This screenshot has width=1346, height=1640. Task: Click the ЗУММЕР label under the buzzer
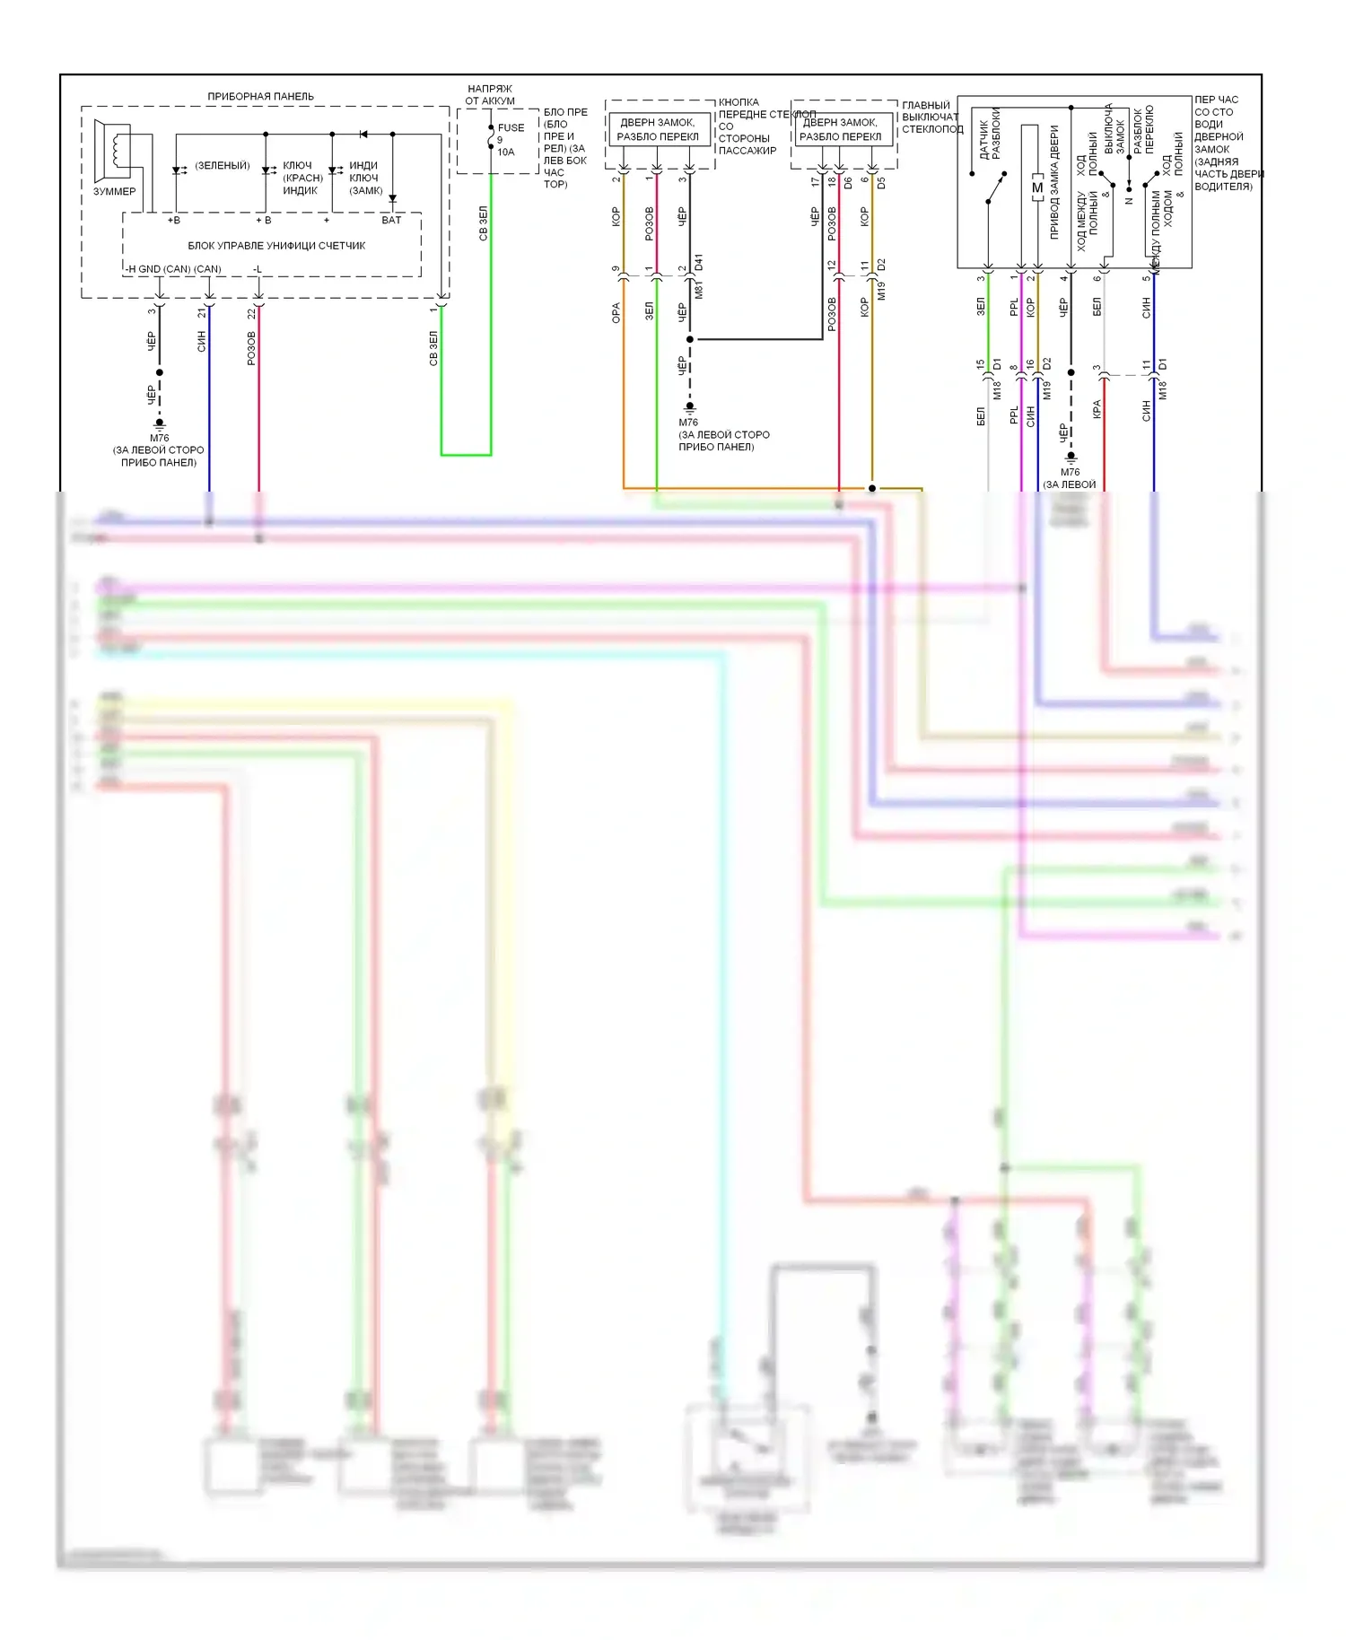point(114,191)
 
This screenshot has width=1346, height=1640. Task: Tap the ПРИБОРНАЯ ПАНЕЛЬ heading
point(260,96)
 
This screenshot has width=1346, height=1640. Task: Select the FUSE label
point(511,127)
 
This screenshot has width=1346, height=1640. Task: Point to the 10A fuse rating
point(506,152)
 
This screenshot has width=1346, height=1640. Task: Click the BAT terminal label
point(391,220)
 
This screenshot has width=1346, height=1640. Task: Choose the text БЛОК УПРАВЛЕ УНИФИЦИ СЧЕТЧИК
point(276,245)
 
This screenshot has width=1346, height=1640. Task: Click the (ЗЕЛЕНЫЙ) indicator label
point(222,165)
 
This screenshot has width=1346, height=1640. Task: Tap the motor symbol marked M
point(1036,188)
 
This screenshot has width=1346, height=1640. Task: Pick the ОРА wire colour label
point(616,312)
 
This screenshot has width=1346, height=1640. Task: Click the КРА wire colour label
point(1096,409)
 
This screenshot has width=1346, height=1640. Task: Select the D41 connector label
point(699,263)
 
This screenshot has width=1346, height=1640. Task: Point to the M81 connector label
point(699,289)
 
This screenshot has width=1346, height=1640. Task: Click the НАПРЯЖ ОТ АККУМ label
point(490,95)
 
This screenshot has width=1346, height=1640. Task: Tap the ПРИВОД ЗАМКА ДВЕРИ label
point(1054,181)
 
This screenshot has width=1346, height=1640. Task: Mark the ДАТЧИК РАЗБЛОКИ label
point(990,135)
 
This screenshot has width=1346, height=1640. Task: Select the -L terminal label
point(257,269)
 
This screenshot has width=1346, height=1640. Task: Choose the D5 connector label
point(881,182)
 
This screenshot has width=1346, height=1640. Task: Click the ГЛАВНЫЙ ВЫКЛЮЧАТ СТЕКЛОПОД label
point(931,117)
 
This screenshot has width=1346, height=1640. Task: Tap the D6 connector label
point(849,183)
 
